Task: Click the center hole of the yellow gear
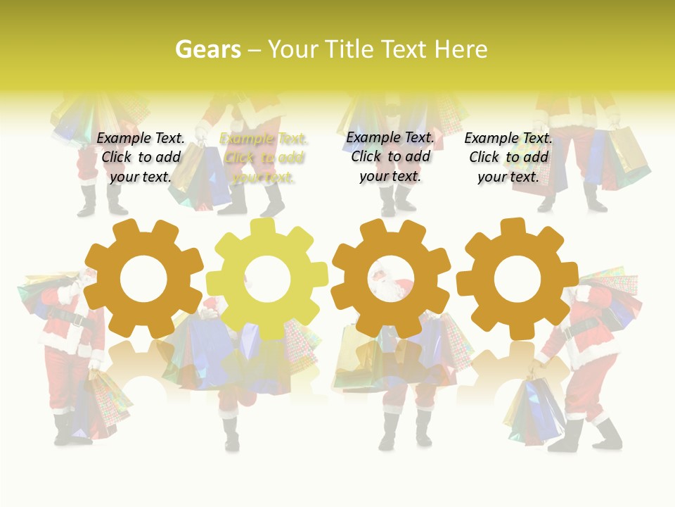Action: point(267,278)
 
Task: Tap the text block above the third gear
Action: point(390,157)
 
